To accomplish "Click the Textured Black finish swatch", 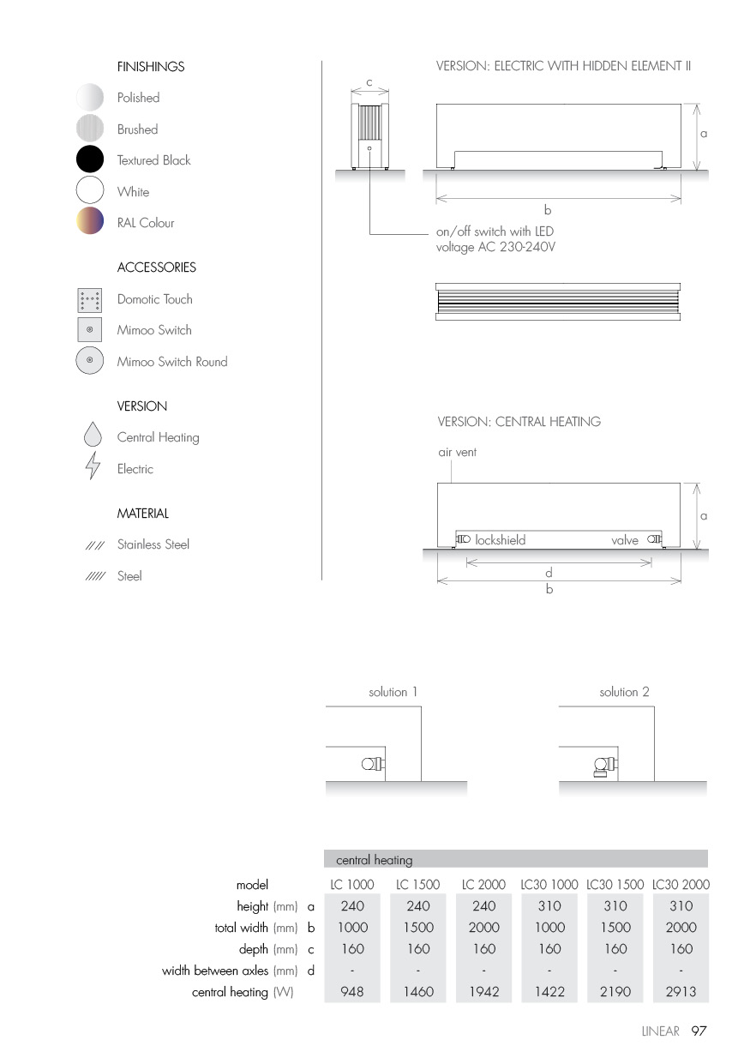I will point(89,160).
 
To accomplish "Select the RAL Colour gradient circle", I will point(89,221).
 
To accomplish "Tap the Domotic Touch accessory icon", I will point(89,300).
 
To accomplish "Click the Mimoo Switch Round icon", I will point(89,361).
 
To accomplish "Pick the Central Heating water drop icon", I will point(93,436).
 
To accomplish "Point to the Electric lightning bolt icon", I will point(93,469).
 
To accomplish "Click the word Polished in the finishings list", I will point(138,98).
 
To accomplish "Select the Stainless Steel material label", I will point(153,544).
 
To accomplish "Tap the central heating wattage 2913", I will point(681,992).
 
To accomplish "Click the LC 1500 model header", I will point(417,884).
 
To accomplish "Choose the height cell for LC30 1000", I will point(549,905).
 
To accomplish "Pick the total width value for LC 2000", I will point(483,927).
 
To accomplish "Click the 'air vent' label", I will point(457,452).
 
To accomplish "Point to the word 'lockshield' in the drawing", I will point(500,540).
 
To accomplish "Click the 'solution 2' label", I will point(625,692).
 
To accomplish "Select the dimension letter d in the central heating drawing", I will point(549,573).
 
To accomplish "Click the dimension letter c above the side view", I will point(369,82).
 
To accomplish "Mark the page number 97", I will point(699,1031).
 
